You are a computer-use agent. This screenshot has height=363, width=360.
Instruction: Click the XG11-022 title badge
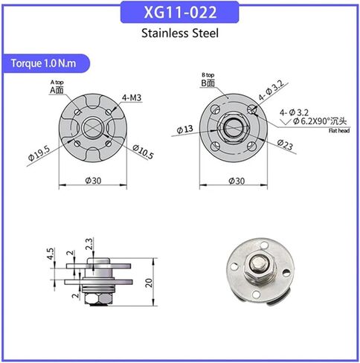[x=179, y=13]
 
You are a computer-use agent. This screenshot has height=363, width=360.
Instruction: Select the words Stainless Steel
[x=179, y=33]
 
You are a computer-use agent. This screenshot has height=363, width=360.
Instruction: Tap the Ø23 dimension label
[x=283, y=144]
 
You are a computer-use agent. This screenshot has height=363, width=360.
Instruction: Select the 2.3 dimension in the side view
[x=89, y=241]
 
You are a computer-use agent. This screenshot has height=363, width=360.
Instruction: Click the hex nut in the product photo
[x=252, y=263]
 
